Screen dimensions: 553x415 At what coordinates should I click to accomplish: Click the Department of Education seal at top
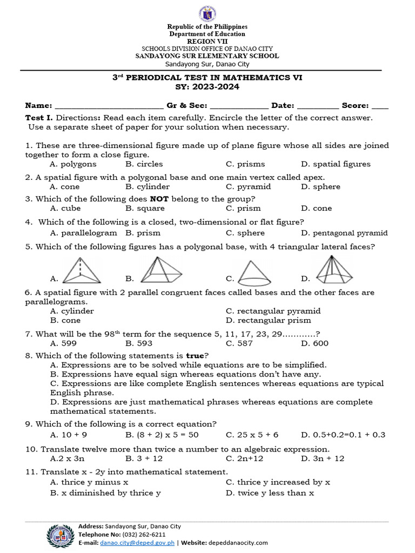[x=207, y=12]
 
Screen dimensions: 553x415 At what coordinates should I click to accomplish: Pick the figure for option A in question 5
[x=83, y=270]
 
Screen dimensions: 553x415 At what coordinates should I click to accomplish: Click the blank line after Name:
[x=109, y=106]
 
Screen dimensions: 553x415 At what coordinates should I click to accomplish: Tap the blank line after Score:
[x=380, y=106]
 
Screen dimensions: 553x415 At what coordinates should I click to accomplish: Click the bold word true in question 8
[x=195, y=355]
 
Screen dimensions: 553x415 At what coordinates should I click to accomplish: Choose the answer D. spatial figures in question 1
[x=336, y=164]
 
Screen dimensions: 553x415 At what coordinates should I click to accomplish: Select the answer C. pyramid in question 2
[x=248, y=187]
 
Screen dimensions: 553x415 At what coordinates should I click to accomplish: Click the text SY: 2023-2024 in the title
[x=207, y=87]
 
